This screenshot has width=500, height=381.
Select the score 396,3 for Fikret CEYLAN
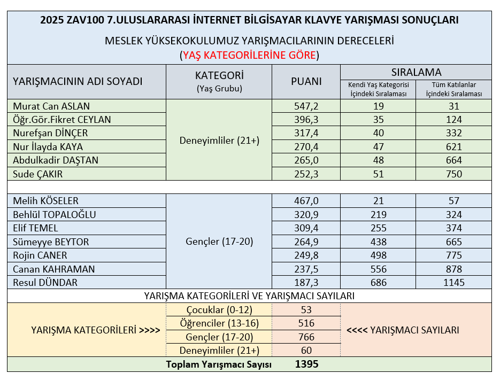[306, 119]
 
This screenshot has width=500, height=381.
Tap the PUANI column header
[306, 81]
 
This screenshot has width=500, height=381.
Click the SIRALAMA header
[416, 72]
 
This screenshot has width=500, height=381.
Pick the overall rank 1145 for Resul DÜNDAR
[453, 283]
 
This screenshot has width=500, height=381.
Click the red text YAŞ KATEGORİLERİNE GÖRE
[249, 55]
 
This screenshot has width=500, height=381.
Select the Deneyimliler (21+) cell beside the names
[219, 141]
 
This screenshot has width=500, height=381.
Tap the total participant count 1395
[306, 364]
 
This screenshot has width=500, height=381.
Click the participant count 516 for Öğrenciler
[306, 323]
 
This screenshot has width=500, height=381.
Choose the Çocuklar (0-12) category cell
[219, 310]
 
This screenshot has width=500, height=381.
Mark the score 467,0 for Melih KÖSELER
[306, 201]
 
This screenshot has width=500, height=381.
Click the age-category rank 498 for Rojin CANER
[378, 255]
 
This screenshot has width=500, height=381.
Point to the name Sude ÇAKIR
[39, 174]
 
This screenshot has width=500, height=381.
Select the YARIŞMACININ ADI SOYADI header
[78, 81]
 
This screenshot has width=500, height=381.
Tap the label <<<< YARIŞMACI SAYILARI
[402, 330]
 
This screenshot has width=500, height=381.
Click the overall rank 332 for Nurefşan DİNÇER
[453, 133]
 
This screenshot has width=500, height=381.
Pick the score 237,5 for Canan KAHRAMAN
[306, 269]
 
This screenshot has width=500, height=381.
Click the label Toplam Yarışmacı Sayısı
[219, 364]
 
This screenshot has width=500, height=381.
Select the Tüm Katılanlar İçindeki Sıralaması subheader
[453, 89]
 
